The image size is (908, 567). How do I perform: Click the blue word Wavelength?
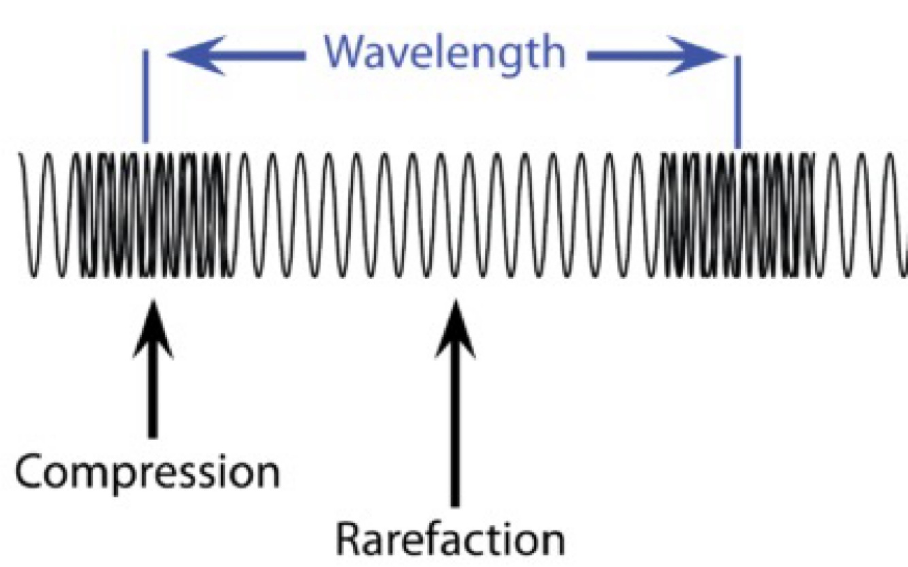pos(444,52)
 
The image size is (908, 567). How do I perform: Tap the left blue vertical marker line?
pos(145,95)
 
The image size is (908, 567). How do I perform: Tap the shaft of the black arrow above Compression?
pos(152,395)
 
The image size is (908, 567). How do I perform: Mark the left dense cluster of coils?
pos(153,215)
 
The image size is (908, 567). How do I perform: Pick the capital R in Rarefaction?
pos(351,539)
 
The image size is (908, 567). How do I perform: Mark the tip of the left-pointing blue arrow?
pos(170,55)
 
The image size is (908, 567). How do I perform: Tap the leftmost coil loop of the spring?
pos(31,215)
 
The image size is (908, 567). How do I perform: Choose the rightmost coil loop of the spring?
pos(897,215)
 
